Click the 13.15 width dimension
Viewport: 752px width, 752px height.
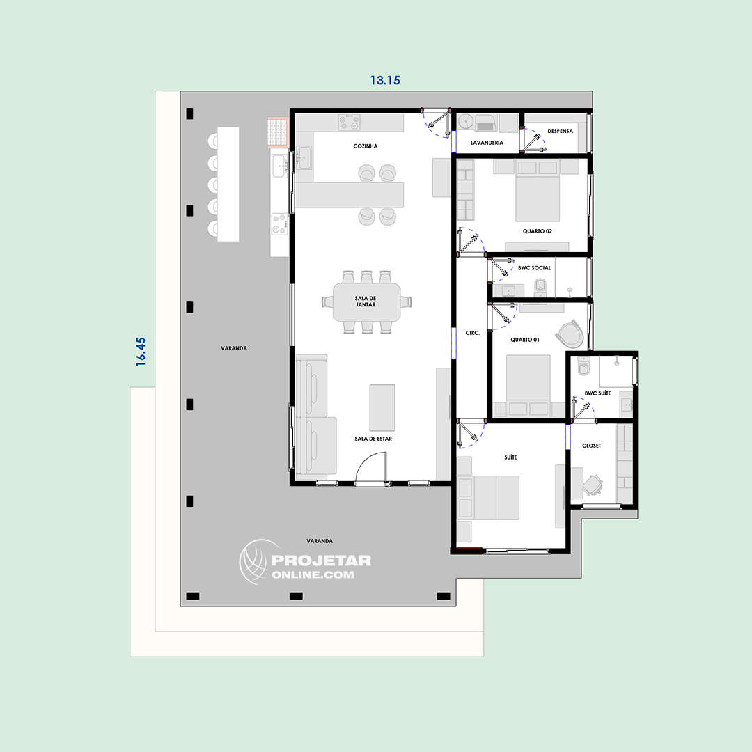384,80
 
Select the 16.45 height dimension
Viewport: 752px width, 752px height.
141,352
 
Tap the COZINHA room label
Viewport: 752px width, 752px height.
366,146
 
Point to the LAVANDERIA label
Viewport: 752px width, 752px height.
487,143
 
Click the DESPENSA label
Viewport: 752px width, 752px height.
560,131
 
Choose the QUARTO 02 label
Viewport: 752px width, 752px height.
537,231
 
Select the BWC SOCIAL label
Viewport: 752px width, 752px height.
534,268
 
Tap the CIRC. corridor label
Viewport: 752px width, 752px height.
472,333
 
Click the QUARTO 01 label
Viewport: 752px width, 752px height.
525,340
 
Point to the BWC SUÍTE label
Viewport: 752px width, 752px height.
597,393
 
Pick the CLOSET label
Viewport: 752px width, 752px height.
591,446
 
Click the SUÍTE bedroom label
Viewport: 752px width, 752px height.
511,457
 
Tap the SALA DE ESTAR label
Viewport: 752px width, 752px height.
373,439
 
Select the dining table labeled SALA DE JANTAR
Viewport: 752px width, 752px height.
367,302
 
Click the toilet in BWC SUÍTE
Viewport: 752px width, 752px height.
583,367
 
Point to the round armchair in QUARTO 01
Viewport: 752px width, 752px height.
570,333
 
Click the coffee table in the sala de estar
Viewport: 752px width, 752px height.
382,407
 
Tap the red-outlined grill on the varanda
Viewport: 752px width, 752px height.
278,132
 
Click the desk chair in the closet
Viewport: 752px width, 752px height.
593,485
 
